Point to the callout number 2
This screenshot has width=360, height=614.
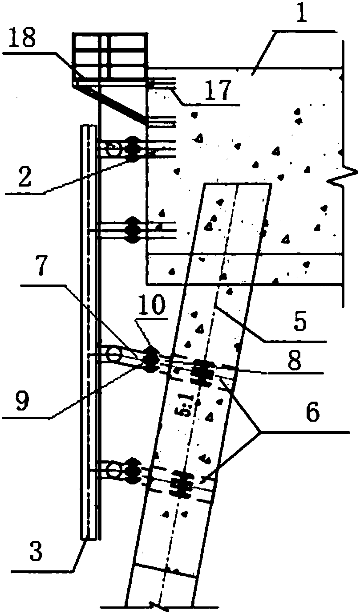pyautogui.click(x=24, y=177)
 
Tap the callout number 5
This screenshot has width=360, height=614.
pyautogui.click(x=299, y=323)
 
